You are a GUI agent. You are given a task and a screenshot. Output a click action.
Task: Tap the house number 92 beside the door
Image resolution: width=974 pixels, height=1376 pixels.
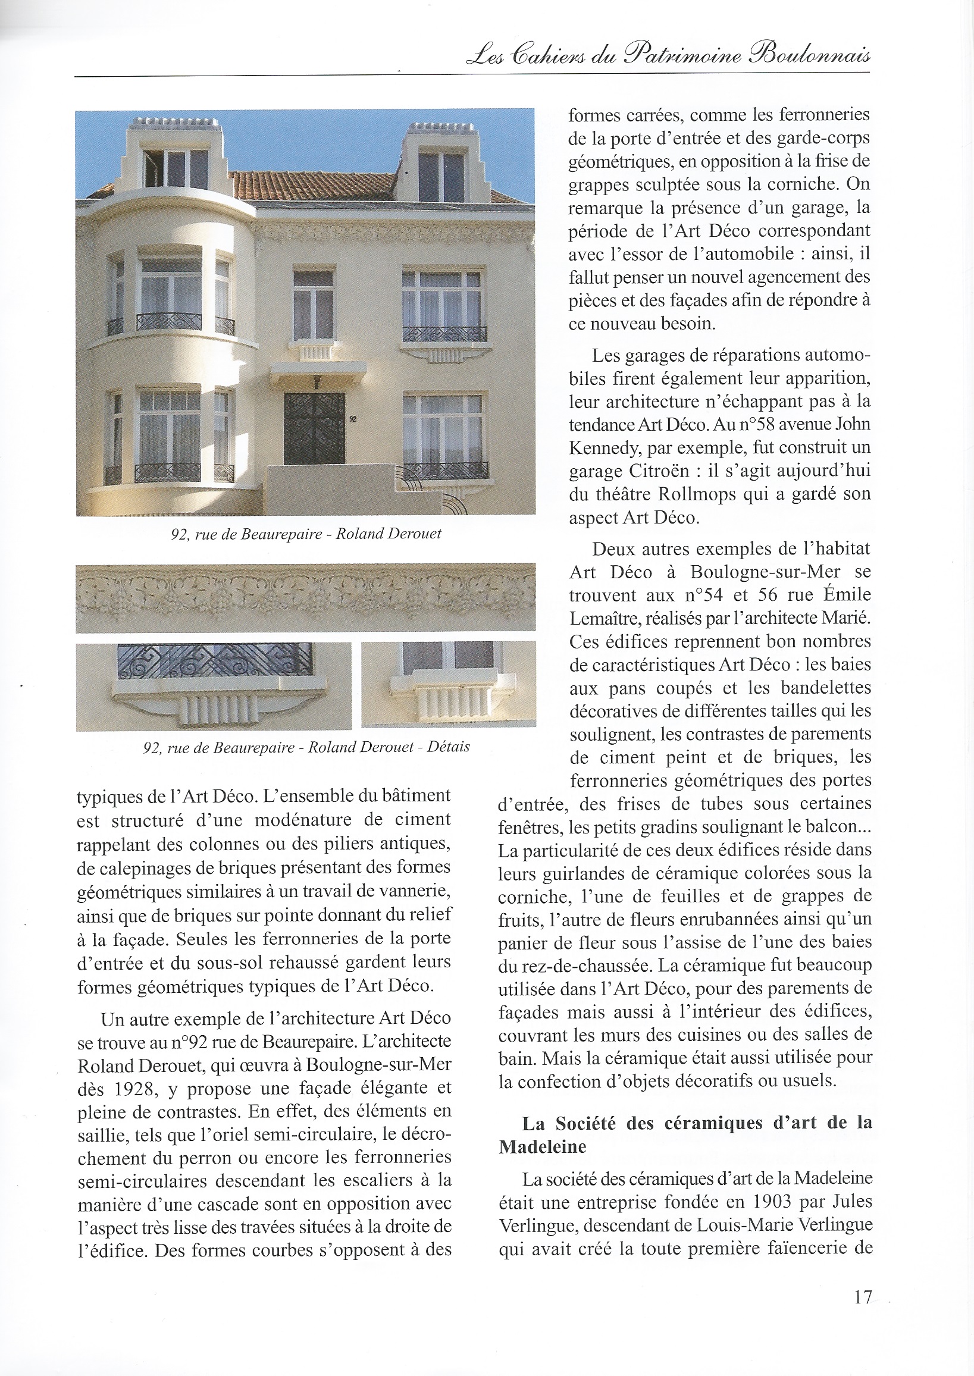click(353, 419)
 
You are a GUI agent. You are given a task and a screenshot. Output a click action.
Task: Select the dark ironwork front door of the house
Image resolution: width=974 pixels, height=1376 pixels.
click(314, 428)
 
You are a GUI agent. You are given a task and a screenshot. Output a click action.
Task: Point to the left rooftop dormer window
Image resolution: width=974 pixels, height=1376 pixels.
click(176, 167)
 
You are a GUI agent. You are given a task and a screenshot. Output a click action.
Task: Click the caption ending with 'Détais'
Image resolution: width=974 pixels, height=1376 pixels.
click(306, 747)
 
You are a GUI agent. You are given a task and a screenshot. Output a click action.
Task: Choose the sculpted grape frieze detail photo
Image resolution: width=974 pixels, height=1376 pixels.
click(305, 597)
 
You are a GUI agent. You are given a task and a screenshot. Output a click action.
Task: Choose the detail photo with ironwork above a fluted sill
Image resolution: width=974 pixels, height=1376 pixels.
click(214, 687)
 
